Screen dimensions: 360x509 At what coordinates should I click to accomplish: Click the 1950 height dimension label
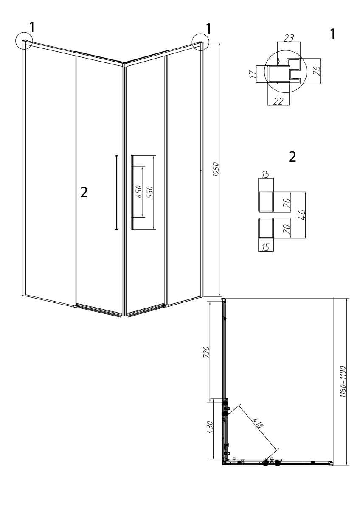click(216, 170)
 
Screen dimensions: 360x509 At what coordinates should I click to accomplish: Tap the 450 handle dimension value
click(139, 191)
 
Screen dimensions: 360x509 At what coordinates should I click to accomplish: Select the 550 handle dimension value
click(150, 192)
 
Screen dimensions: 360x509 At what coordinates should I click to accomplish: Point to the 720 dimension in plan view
click(206, 352)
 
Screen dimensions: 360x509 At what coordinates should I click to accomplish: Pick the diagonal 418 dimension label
click(258, 422)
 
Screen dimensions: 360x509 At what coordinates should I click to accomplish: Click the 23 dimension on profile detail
click(289, 38)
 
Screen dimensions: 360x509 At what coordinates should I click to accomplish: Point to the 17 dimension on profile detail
click(253, 74)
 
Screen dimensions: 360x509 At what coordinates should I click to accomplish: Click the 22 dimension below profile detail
click(278, 101)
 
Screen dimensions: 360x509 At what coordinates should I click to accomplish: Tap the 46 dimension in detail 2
click(302, 215)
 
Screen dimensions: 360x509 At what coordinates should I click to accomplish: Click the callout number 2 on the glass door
click(84, 193)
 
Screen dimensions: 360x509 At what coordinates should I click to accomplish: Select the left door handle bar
click(116, 193)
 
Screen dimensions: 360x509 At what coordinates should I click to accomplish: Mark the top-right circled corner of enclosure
click(200, 42)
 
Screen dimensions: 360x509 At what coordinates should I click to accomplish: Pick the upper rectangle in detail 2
click(266, 201)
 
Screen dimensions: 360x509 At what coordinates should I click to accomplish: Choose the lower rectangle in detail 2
click(266, 228)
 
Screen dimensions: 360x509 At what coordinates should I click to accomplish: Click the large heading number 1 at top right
click(332, 34)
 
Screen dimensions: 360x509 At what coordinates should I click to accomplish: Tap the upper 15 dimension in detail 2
click(266, 174)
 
